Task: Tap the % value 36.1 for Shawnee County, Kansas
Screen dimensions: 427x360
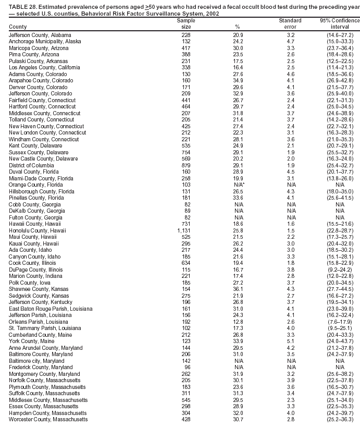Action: (237, 289)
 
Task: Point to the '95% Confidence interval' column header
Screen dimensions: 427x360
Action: (340, 23)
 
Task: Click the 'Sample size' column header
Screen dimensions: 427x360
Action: (185, 23)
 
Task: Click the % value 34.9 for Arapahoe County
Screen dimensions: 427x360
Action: (237, 81)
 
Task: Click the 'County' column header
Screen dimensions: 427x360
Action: (18, 27)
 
